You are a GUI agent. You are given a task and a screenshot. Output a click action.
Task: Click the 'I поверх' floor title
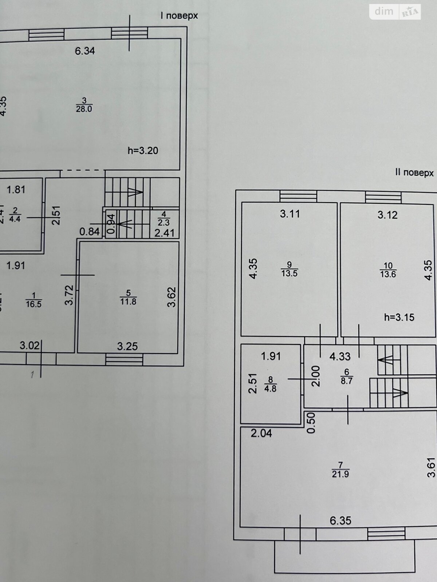click(x=179, y=16)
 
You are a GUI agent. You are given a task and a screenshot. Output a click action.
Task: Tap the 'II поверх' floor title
click(x=414, y=172)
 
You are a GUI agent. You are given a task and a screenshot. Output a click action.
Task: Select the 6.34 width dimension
click(x=85, y=51)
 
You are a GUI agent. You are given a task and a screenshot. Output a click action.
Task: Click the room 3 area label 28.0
click(x=84, y=109)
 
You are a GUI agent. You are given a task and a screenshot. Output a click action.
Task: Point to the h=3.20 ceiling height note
click(x=143, y=151)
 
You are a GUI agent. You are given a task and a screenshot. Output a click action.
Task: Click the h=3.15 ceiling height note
click(x=399, y=317)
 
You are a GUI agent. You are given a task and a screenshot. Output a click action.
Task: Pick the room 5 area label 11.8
click(x=128, y=301)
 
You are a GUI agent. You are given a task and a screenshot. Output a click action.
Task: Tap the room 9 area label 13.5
click(x=289, y=273)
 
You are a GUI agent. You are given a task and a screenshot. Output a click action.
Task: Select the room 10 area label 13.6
click(x=388, y=274)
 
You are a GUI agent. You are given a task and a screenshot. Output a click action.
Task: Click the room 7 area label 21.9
click(x=340, y=474)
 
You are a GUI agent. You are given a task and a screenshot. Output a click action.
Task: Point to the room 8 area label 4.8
click(x=270, y=388)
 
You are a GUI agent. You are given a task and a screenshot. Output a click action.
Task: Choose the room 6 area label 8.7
click(x=346, y=380)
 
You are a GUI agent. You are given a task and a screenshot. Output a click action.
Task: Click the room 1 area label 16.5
click(x=34, y=304)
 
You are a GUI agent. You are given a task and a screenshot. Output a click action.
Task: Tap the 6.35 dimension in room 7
click(x=340, y=521)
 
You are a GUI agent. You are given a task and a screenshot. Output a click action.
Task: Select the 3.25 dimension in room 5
click(x=127, y=346)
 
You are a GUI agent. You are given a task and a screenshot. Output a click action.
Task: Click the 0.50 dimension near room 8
click(x=311, y=423)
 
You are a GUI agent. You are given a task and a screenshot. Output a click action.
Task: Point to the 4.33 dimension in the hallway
click(x=340, y=356)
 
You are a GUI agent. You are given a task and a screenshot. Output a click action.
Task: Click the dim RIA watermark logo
click(x=395, y=12)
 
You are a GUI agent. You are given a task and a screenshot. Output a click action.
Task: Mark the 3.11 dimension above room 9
click(x=290, y=214)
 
